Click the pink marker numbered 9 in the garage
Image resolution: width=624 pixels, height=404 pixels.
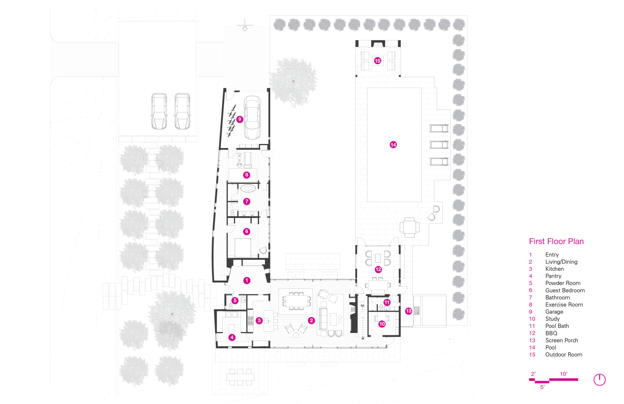[x=240, y=119]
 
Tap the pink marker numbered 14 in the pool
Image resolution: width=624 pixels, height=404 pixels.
[x=393, y=145]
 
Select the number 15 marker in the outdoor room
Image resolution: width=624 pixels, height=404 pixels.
[x=377, y=61]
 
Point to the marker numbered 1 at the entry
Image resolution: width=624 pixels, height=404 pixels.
[x=247, y=281]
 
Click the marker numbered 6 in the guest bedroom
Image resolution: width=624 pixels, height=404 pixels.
[x=246, y=231]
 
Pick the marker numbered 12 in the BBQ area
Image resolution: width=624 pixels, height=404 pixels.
[x=378, y=269]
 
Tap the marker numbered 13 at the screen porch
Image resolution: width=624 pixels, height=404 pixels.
[x=409, y=311]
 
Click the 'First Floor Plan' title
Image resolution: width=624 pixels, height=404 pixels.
[x=556, y=241]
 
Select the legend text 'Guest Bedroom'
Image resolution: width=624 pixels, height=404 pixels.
[x=565, y=290]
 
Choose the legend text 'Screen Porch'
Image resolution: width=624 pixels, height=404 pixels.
[x=562, y=340]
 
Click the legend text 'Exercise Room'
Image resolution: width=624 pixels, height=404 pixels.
[x=564, y=304]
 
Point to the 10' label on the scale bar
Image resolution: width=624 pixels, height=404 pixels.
[x=564, y=374]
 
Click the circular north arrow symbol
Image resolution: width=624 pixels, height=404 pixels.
[x=599, y=380]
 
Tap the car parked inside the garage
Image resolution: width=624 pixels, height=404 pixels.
[x=252, y=118]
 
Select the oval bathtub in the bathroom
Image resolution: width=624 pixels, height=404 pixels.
[x=248, y=188]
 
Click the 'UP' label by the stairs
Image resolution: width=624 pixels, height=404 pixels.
[x=363, y=338]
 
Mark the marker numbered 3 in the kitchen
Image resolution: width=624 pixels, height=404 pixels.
[x=259, y=320]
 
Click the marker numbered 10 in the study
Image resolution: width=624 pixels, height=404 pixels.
[x=382, y=324]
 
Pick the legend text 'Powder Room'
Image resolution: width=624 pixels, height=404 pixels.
[x=563, y=283]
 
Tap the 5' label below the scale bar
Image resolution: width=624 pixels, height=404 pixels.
[x=542, y=387]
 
